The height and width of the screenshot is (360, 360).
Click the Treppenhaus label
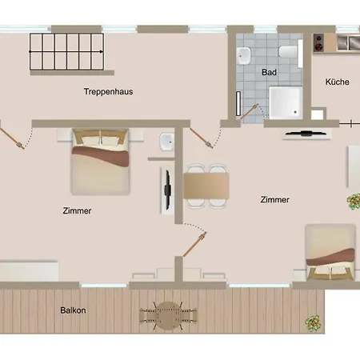coord(108,91)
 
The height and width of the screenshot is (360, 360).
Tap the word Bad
coord(269,72)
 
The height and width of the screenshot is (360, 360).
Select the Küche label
coord(337,82)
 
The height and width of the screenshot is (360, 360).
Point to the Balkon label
coord(73,310)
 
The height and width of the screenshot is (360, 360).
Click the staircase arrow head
coord(102,51)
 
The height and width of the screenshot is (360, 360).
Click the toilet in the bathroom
coord(288,51)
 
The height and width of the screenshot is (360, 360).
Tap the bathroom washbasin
coord(244,55)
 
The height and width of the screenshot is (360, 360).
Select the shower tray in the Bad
coord(286,102)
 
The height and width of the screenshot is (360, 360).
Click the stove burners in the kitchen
coord(318,42)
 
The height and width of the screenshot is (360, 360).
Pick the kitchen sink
coord(348,42)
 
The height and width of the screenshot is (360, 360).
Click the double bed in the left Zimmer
coord(100,162)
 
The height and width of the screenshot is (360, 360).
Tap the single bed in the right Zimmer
coord(330,252)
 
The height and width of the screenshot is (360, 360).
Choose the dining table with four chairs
coord(206,186)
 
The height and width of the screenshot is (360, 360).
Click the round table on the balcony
coord(167,316)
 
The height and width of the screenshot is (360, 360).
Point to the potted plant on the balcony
coord(313,323)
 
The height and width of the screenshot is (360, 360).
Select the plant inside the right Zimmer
coord(354,202)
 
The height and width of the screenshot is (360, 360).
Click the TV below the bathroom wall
coord(306,134)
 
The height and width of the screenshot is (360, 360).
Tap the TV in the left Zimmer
coord(167,190)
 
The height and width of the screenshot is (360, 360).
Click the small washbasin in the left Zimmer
coord(166,142)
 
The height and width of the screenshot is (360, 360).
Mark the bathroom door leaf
coord(249,112)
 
